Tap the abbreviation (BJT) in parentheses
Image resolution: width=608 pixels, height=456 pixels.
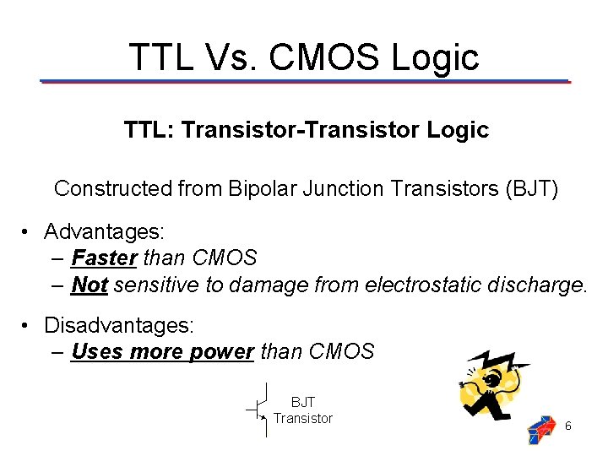(x=531, y=187)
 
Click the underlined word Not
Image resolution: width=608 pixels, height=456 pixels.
(x=89, y=285)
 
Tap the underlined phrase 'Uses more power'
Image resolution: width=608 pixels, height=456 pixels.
(x=162, y=351)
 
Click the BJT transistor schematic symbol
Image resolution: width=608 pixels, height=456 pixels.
(x=259, y=410)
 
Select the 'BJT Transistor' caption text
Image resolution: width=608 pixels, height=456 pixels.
(x=303, y=410)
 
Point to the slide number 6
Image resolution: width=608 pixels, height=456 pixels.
(x=568, y=426)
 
